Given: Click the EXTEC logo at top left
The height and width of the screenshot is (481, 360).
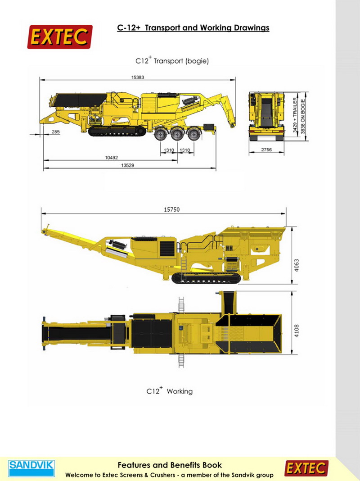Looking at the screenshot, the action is [x=60, y=37].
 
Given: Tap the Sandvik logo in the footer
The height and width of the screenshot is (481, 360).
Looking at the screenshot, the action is [x=31, y=468].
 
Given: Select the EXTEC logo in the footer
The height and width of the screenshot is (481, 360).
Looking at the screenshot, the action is [x=306, y=468].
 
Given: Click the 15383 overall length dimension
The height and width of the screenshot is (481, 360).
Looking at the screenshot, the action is [x=138, y=77].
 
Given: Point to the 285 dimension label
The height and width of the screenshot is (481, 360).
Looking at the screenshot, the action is [x=56, y=132].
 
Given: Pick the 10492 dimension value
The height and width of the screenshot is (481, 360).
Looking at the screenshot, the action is [x=112, y=158].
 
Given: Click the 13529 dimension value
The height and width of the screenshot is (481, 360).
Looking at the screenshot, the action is [x=127, y=165].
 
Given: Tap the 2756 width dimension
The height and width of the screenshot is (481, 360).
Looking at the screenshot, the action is [x=266, y=150].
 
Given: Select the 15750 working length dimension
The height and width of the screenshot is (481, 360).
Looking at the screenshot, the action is [x=171, y=209].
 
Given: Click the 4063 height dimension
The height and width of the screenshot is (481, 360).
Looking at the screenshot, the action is [x=296, y=265].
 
